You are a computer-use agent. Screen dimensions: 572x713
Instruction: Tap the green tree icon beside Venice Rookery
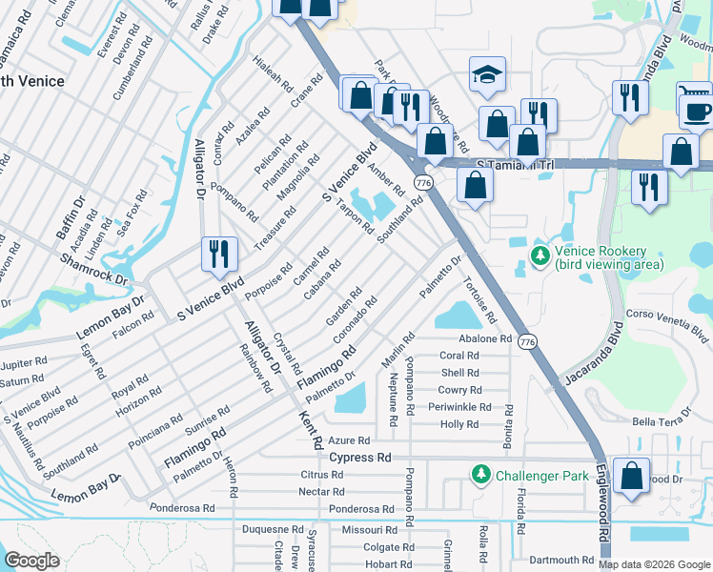(540, 256)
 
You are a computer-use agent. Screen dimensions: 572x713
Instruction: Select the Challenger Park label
(540, 473)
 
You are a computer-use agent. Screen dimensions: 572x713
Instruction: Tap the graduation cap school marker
(487, 76)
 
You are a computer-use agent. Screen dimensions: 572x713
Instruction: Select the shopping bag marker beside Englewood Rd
(631, 477)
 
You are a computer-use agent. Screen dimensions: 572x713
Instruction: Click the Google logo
(31, 561)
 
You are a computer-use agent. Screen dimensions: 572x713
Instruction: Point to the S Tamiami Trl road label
(515, 164)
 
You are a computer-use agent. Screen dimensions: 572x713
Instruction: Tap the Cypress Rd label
(360, 458)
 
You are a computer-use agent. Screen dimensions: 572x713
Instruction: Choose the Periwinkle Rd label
(459, 407)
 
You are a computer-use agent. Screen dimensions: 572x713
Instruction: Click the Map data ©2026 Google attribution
(653, 563)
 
